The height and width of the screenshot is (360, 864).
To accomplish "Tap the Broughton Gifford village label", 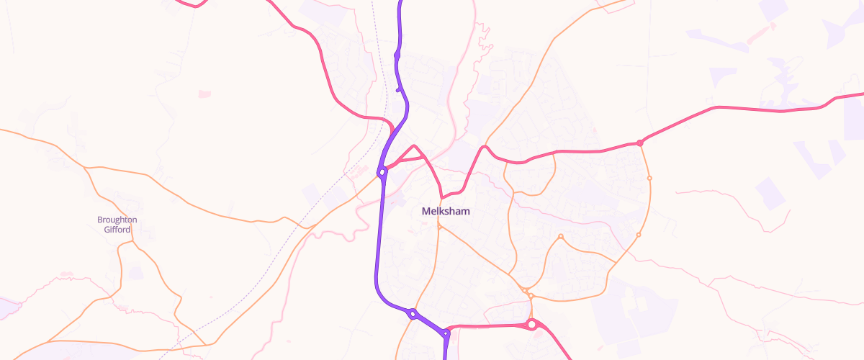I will point(117,225).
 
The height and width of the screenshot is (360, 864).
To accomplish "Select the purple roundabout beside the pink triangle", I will point(382,172).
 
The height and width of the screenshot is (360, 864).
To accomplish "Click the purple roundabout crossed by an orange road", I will point(413,313).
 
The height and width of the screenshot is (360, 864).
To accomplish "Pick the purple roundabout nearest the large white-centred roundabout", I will point(446,333).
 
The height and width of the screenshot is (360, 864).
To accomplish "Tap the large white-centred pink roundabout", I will point(531,325).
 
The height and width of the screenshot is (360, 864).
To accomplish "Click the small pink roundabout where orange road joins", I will point(639,143).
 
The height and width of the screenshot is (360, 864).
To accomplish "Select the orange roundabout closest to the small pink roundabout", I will point(649,178).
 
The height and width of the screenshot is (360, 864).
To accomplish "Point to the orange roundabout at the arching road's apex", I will point(560,237).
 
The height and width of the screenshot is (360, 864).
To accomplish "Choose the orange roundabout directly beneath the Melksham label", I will point(439,228).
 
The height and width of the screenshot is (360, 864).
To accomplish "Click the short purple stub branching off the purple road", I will point(400,89).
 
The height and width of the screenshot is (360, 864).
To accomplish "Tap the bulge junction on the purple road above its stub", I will point(397,55).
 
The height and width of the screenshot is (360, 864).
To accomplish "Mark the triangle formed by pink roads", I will point(415,153).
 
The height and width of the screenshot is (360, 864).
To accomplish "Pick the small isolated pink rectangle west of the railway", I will point(205,94).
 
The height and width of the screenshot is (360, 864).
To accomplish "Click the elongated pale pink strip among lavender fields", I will point(762,33).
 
